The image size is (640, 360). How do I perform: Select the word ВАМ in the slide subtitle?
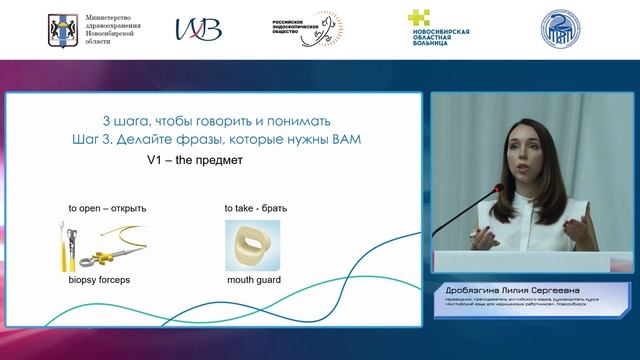[x=344, y=139]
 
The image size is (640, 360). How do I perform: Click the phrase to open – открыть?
[x=107, y=209]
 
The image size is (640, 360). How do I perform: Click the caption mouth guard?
[x=252, y=281]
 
